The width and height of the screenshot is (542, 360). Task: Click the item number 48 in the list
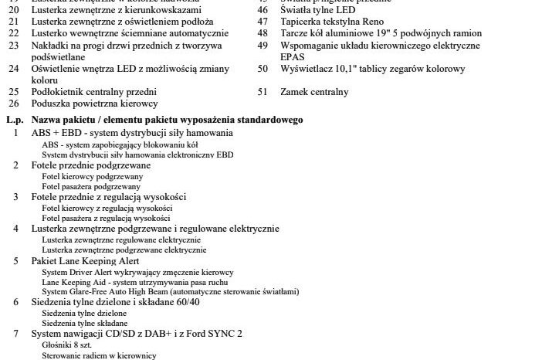(263, 34)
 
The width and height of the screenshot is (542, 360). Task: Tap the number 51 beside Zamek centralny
(263, 92)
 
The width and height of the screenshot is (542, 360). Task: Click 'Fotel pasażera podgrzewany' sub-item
(91, 186)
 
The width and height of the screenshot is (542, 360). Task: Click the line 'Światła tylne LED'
(317, 11)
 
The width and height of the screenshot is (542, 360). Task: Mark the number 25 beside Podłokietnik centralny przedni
(14, 92)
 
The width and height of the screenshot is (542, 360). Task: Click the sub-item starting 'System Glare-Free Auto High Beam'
(170, 291)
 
